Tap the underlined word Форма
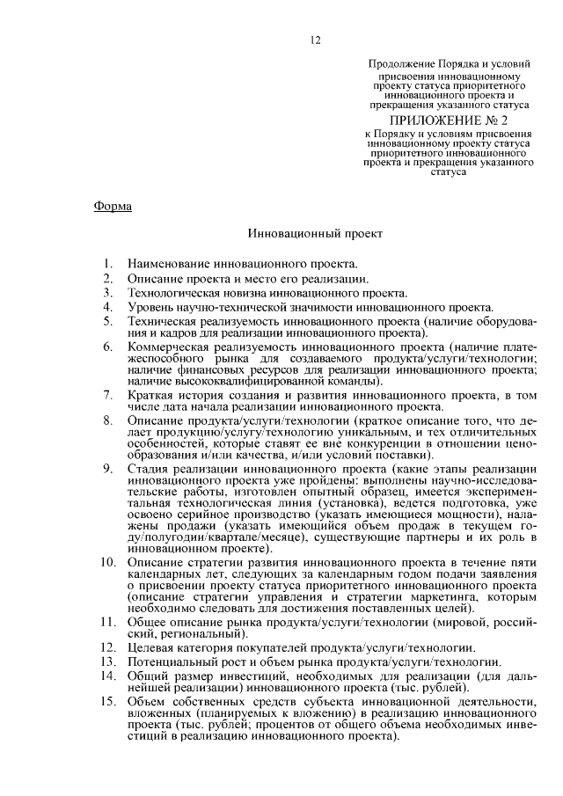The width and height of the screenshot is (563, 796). (x=112, y=207)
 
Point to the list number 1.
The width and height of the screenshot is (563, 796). (x=106, y=264)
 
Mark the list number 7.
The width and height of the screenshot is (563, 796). (x=106, y=397)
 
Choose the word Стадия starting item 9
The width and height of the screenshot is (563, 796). (x=150, y=471)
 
